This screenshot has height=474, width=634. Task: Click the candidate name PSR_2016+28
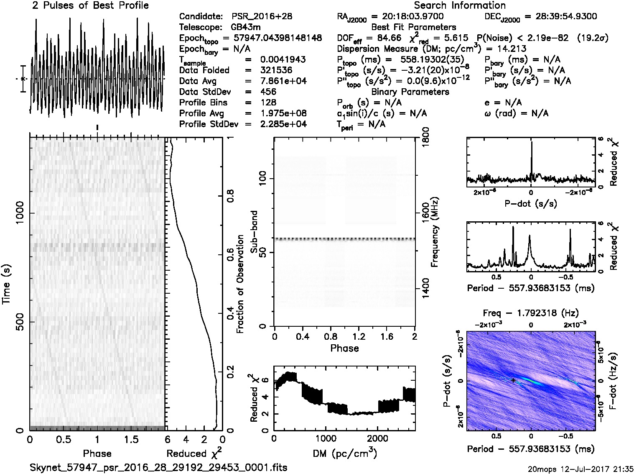coord(262,17)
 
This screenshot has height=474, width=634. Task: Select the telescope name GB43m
coord(247,28)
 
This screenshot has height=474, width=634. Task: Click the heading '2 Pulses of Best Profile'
coord(90,5)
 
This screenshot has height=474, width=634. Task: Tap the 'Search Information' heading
coord(460,5)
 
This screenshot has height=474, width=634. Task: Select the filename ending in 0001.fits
coord(159,467)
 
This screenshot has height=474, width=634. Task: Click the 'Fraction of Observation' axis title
coord(240,284)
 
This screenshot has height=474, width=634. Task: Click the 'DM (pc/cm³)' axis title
coord(344,453)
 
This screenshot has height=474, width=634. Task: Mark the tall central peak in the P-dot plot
coord(531,144)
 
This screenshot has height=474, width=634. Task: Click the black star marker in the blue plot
coord(513,380)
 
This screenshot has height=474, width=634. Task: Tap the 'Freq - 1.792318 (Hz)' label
coord(531,313)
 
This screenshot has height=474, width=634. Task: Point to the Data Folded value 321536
coord(276,70)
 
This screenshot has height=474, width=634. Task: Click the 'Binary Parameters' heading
coord(410,92)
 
